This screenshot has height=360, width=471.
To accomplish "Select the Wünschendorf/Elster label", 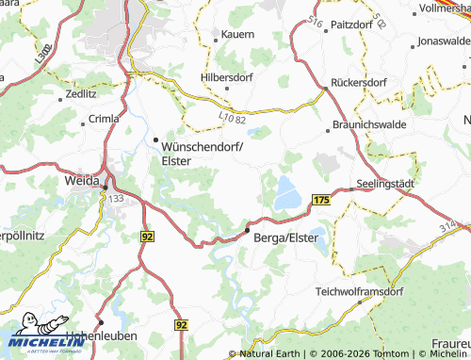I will coord(203,153).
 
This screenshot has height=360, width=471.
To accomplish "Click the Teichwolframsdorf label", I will coord(359,291).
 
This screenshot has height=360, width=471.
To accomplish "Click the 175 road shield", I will coord(321,201).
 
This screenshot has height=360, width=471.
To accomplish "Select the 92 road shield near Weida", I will coord(147,236).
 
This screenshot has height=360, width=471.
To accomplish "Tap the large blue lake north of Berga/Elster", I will coord(287,197).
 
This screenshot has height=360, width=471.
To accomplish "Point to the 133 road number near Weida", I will coord(117,199).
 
